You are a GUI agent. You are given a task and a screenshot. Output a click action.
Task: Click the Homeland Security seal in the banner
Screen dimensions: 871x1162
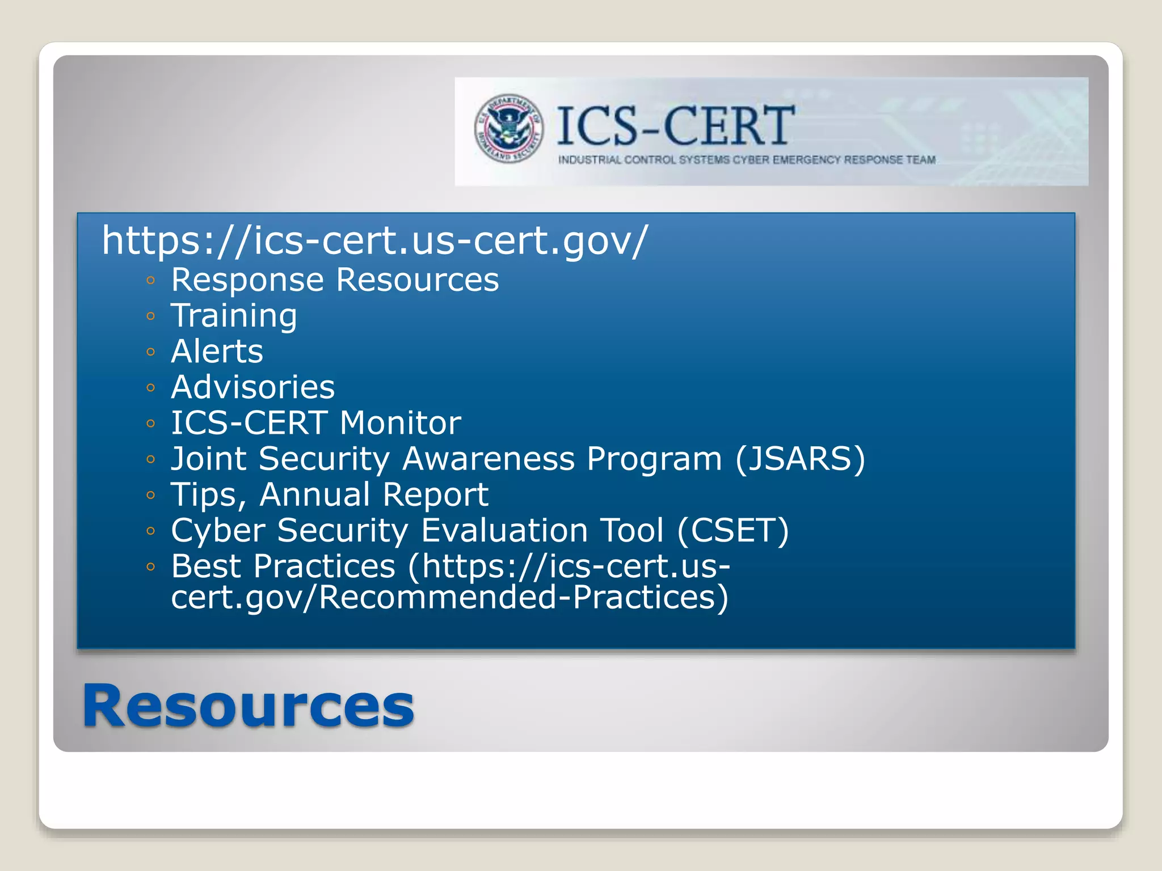[509, 129]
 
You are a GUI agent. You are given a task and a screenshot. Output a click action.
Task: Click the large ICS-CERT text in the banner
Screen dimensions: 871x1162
[675, 126]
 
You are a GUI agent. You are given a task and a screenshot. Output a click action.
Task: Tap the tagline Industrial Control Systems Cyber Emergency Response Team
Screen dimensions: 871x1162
[747, 160]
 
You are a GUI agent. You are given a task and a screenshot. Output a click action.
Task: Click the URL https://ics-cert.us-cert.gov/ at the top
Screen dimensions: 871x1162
[374, 240]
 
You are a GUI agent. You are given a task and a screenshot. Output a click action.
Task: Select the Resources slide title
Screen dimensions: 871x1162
[249, 706]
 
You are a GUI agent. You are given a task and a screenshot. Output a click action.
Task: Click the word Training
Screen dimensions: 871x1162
[234, 316]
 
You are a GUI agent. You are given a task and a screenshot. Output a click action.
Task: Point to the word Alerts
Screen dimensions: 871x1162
[217, 352]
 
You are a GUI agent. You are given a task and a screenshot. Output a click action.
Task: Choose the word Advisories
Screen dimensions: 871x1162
[253, 387]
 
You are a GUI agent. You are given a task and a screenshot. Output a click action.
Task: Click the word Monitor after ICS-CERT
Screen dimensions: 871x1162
[401, 423]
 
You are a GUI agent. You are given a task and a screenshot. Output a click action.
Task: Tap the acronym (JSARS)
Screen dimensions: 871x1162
[800, 459]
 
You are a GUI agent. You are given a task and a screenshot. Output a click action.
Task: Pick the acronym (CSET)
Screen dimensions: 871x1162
[732, 531]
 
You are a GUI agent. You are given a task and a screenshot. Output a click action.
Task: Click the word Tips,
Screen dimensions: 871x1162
[208, 495]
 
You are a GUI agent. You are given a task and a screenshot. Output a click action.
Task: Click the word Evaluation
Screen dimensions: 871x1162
[504, 531]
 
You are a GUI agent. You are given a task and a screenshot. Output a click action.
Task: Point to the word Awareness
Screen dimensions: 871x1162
[488, 459]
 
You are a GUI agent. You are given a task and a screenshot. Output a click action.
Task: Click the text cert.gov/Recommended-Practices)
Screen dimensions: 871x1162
[449, 598]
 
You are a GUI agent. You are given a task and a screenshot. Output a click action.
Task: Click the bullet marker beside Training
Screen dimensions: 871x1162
[150, 316]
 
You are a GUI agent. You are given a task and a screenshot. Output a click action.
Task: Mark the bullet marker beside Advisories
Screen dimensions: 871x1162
[150, 388]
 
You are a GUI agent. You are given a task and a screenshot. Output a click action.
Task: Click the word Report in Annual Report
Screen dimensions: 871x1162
[435, 495]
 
